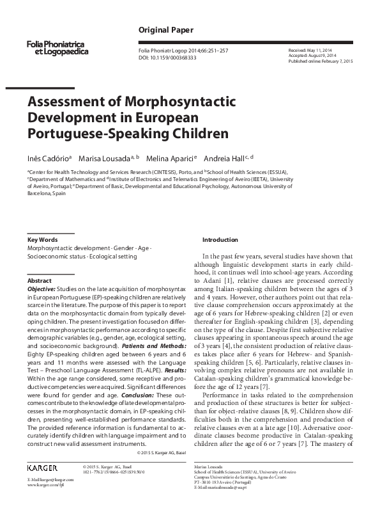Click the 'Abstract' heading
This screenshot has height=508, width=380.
click(40, 281)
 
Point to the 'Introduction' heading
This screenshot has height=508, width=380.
click(220, 239)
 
